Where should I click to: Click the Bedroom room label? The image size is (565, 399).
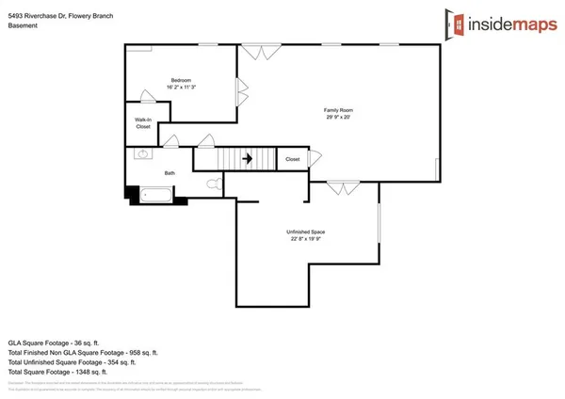coord(182,80)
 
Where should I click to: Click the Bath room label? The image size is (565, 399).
coord(169,173)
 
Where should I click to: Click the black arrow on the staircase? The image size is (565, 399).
coord(248,159)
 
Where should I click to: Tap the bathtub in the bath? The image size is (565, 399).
coord(157,195)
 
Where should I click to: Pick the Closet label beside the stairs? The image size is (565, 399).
coord(293,160)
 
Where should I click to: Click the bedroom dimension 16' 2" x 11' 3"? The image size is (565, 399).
coord(182,88)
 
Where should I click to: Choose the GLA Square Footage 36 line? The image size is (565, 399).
coord(56,343)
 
